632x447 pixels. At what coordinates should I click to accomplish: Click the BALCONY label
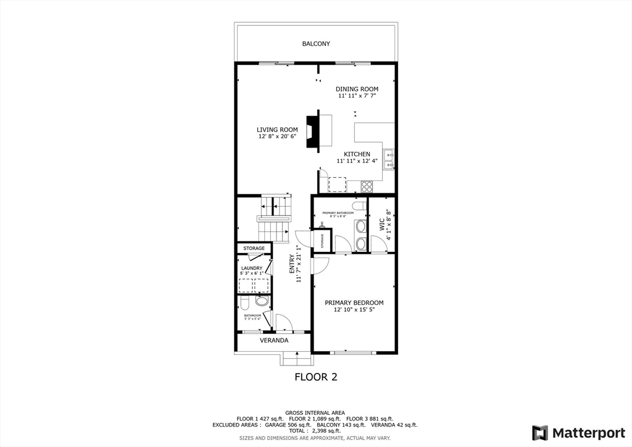point(315,44)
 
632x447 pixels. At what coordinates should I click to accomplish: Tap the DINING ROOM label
point(357,89)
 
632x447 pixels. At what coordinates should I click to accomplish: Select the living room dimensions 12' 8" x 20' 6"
point(277,136)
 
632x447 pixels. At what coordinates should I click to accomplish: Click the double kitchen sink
point(389,159)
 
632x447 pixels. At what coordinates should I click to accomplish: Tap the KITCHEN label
point(357,154)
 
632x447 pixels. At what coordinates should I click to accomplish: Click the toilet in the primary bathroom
point(357,205)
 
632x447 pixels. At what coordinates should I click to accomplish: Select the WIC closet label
point(381,227)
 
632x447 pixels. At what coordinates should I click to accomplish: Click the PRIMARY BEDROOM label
point(354,303)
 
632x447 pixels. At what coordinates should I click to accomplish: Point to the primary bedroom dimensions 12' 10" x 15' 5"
point(354,310)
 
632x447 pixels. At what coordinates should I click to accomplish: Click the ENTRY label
point(293,264)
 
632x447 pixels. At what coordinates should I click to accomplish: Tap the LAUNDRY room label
point(251,268)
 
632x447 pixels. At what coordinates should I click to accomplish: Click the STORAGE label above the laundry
point(254,248)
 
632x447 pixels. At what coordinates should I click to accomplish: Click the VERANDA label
point(273,340)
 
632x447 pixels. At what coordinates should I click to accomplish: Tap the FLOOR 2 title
point(315,377)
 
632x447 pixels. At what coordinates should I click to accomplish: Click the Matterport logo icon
point(540,432)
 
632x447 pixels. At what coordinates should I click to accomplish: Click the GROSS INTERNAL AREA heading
point(315,412)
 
